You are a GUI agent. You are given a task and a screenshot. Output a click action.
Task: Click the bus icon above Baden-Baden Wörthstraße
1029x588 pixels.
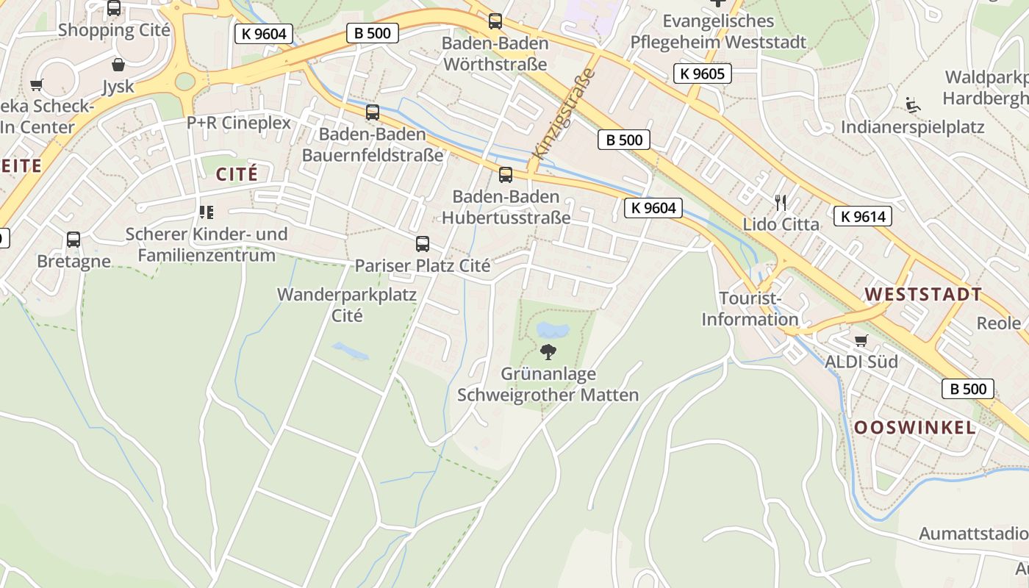495,21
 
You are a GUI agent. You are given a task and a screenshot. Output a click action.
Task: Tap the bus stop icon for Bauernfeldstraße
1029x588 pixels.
373,112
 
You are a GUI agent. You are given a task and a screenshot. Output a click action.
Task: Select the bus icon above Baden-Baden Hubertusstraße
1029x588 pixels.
506,175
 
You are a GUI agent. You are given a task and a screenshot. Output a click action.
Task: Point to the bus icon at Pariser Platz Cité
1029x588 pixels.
423,244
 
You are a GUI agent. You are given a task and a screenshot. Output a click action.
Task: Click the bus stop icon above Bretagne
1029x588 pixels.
73,240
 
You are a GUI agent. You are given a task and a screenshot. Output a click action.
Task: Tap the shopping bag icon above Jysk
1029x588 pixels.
118,65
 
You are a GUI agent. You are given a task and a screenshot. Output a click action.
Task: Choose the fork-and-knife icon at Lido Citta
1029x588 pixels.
781,202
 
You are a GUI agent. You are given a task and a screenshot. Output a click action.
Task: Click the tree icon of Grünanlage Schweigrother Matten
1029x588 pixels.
548,352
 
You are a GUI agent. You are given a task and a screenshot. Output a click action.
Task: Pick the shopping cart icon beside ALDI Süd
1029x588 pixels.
861,340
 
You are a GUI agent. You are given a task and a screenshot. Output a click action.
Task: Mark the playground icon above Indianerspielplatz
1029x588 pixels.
913,105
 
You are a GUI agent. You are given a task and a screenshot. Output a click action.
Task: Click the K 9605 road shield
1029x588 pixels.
702,73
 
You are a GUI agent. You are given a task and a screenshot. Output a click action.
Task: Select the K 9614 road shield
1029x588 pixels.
863,216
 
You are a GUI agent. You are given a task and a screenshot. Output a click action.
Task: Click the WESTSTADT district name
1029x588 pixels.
923,295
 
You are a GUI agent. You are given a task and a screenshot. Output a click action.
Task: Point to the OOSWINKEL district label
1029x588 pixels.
915,428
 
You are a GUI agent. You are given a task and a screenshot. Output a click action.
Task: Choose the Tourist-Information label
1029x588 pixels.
750,309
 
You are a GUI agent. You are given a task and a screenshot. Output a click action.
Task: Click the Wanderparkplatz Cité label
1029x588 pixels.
347,305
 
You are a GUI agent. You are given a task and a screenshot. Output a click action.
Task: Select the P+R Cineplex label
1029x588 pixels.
239,123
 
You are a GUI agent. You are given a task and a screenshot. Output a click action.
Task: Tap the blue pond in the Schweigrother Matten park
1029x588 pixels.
553,329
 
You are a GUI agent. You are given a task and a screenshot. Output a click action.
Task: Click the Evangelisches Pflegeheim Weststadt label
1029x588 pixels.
718,32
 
